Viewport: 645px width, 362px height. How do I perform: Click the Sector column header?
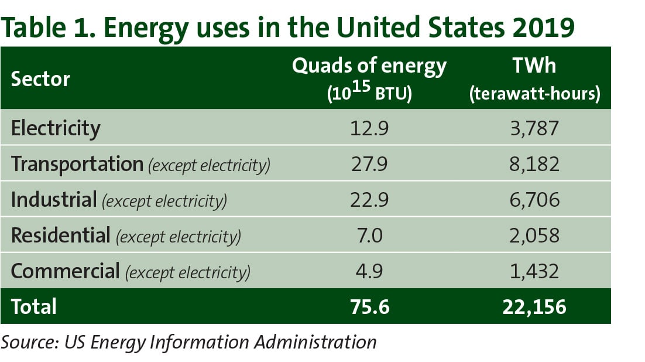click(x=40, y=79)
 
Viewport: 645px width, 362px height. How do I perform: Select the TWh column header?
click(x=534, y=66)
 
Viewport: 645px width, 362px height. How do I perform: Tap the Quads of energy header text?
click(x=369, y=66)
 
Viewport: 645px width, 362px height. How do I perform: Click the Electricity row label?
click(x=56, y=128)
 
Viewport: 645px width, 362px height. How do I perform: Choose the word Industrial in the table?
click(x=53, y=200)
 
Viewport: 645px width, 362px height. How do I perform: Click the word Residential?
click(x=60, y=236)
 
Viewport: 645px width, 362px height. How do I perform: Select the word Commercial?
click(x=65, y=272)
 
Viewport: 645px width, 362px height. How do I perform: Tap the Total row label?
click(x=34, y=306)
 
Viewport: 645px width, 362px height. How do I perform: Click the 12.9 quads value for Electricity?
click(x=369, y=128)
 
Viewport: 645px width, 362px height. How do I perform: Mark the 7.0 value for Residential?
click(x=369, y=236)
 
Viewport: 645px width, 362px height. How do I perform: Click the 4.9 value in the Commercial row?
click(x=369, y=272)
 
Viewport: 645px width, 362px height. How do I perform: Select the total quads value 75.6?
click(x=369, y=307)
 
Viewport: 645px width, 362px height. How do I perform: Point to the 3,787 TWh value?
click(x=534, y=128)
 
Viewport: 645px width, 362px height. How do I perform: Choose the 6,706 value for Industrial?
click(x=534, y=200)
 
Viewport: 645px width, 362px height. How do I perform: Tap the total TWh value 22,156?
click(x=534, y=307)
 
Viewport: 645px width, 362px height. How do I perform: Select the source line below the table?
click(x=188, y=342)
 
